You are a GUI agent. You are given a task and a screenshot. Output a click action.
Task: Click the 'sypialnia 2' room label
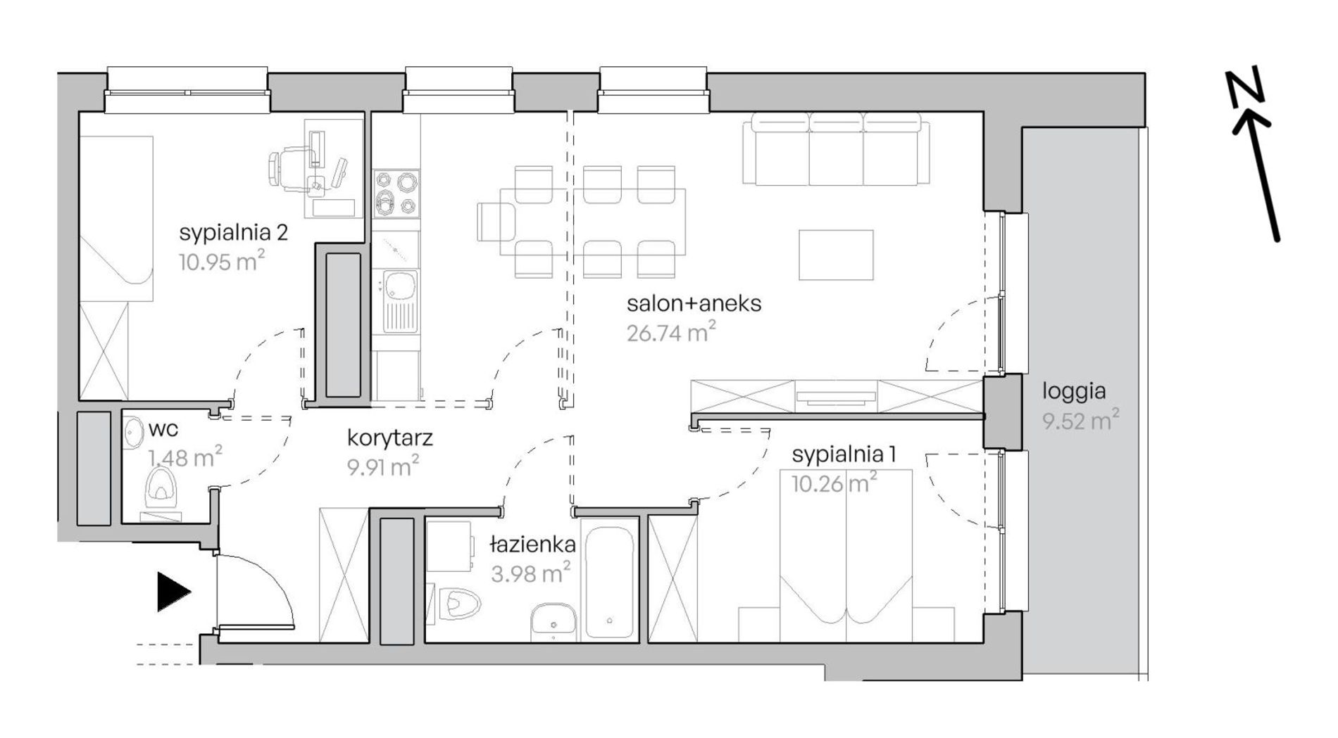coord(233,233)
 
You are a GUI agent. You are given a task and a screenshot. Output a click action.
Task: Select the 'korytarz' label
coord(390,438)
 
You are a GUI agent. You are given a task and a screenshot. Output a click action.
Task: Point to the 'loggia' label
coord(1074,391)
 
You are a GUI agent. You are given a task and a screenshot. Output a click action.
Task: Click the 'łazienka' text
coord(533,544)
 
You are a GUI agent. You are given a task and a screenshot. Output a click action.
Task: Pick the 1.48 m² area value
coord(185,457)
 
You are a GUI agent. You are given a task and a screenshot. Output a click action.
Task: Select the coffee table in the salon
coord(836,254)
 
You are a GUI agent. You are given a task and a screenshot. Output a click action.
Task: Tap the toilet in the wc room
coord(161,487)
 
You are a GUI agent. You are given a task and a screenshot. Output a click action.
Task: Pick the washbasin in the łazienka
coord(554,622)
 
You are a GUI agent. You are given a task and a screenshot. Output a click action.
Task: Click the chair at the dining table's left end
coord(496,222)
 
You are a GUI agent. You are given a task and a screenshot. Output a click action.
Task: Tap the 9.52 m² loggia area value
coord(1081,421)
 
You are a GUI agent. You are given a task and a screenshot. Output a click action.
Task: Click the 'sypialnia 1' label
coord(844,454)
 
